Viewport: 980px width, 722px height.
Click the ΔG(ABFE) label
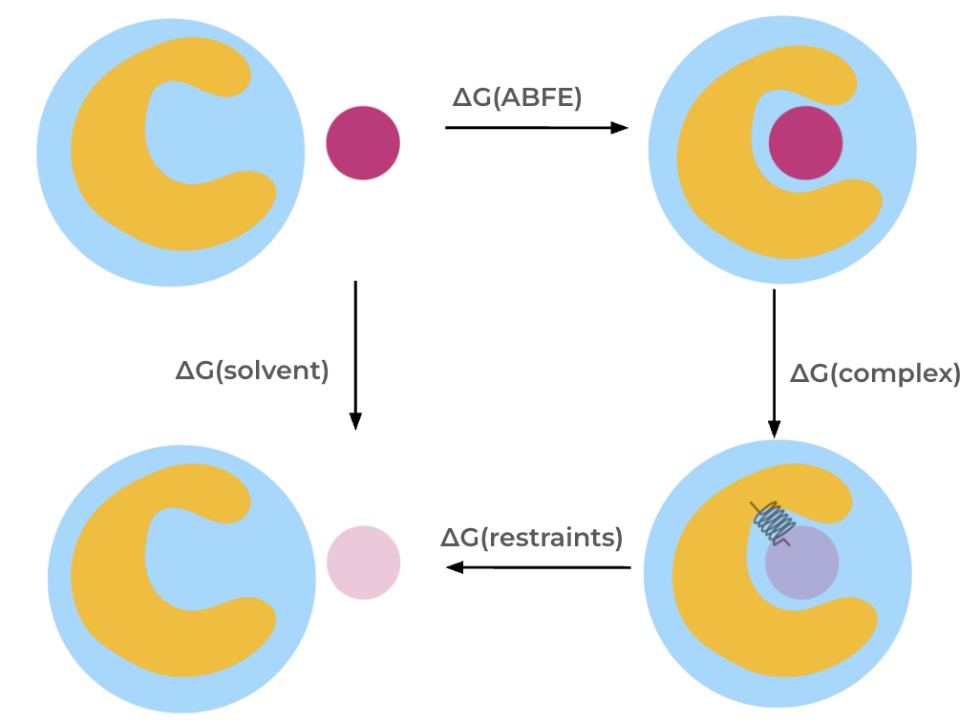pyautogui.click(x=517, y=96)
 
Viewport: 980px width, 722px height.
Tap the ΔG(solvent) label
pyautogui.click(x=252, y=371)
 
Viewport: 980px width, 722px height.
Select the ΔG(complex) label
pyautogui.click(x=875, y=373)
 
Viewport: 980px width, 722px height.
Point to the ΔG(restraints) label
pyautogui.click(x=531, y=538)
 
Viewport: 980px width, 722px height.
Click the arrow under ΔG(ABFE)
pyautogui.click(x=536, y=128)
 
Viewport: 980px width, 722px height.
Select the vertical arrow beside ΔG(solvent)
pyautogui.click(x=355, y=353)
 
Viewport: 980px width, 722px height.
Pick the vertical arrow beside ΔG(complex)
pyautogui.click(x=774, y=363)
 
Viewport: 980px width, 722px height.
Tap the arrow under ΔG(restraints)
pyautogui.click(x=540, y=567)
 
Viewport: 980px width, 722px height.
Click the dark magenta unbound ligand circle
pyautogui.click(x=363, y=143)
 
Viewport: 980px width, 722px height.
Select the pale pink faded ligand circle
pyautogui.click(x=363, y=563)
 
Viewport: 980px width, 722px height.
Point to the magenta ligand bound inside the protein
pyautogui.click(x=805, y=143)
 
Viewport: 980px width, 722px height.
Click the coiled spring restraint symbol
pyautogui.click(x=772, y=521)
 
